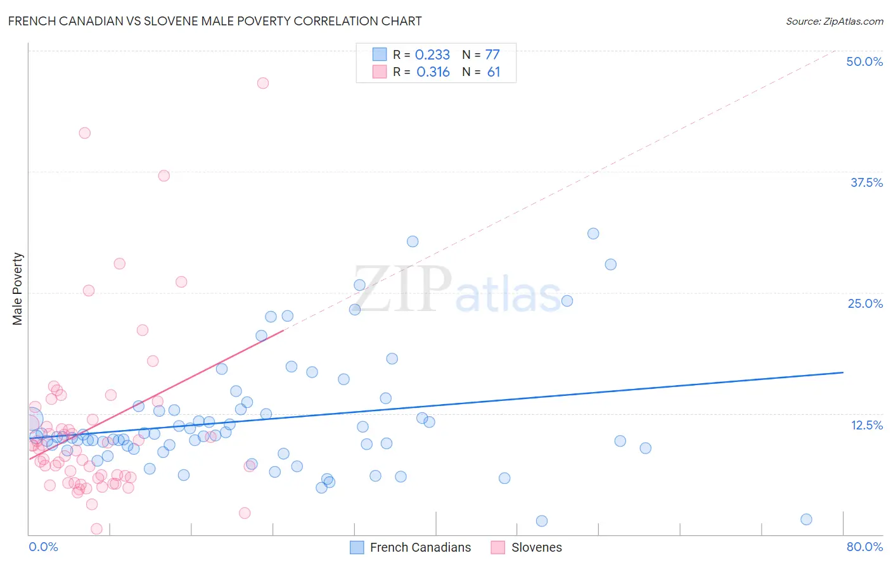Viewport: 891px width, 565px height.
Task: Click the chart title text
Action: click(x=215, y=21)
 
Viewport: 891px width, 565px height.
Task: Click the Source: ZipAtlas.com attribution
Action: click(x=834, y=22)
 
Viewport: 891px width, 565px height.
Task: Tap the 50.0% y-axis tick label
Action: click(x=864, y=61)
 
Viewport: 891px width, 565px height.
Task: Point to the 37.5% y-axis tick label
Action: click(x=866, y=182)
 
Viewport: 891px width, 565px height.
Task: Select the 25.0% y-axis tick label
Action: click(x=865, y=303)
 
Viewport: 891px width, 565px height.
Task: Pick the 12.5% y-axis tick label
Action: click(x=866, y=425)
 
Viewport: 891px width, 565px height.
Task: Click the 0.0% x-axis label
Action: click(x=43, y=547)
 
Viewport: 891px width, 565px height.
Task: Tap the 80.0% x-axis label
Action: click(x=864, y=547)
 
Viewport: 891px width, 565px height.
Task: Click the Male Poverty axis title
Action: click(x=18, y=289)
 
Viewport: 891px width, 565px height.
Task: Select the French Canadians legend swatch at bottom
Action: click(x=357, y=547)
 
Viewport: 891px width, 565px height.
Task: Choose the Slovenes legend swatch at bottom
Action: click(x=498, y=547)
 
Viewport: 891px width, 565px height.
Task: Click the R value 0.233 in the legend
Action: click(x=432, y=55)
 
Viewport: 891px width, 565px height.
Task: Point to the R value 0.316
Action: click(x=433, y=72)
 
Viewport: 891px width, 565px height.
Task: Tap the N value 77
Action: click(x=492, y=55)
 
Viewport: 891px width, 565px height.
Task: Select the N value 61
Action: click(x=494, y=72)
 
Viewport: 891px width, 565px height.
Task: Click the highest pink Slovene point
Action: click(x=263, y=83)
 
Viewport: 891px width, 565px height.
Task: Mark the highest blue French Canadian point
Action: click(x=593, y=234)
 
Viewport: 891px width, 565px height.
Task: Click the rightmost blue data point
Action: click(x=806, y=519)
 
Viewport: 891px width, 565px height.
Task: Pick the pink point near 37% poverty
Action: click(x=164, y=176)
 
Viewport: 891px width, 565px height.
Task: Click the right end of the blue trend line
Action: click(x=843, y=372)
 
